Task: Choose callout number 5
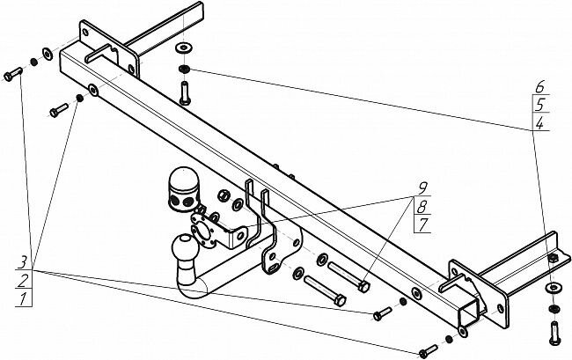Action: (x=539, y=105)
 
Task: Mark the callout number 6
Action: (x=539, y=86)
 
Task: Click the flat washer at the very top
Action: (x=186, y=48)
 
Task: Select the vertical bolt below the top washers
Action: (x=186, y=91)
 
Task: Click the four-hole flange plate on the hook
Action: (x=206, y=230)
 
